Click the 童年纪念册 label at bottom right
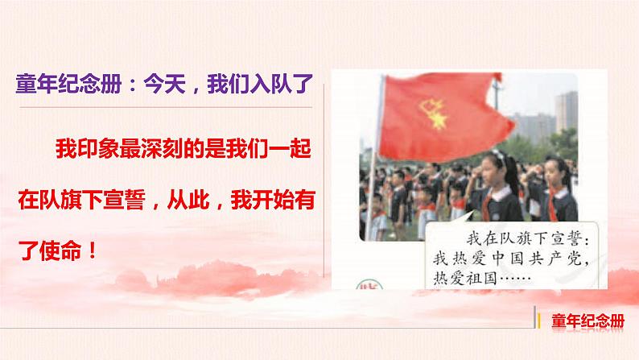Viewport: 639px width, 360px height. click(588, 319)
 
